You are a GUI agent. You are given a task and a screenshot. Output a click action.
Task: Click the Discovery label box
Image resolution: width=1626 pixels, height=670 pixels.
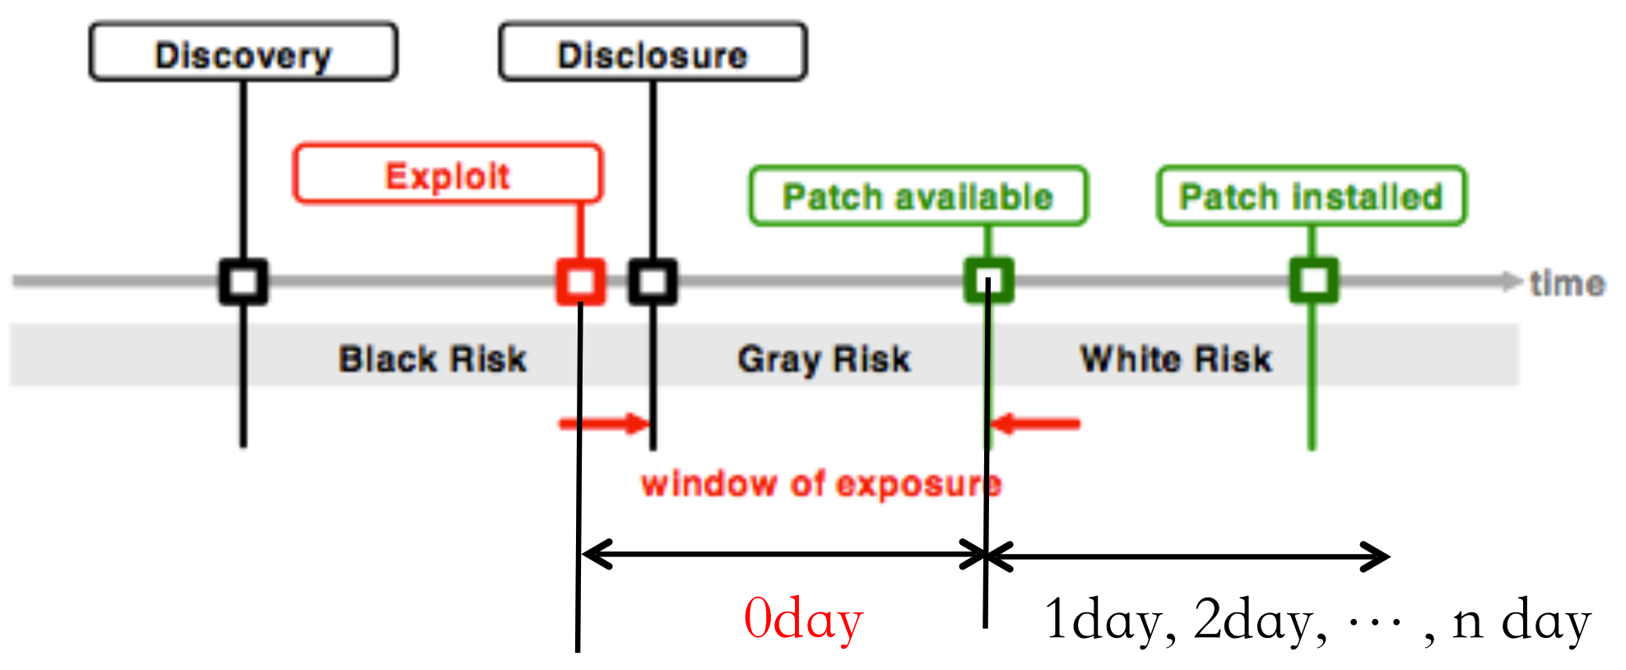(x=243, y=54)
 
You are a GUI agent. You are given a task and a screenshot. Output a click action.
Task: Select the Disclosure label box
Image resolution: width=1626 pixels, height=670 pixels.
(x=653, y=54)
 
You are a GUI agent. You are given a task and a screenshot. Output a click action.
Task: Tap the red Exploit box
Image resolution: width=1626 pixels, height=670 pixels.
(x=448, y=174)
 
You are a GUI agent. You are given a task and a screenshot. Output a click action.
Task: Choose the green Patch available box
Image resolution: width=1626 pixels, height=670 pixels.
(x=918, y=196)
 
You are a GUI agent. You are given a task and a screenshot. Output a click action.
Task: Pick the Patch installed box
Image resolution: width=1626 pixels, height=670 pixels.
(x=1311, y=196)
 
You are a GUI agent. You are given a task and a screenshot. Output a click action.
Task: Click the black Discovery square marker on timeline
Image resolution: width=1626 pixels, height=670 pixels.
(x=244, y=281)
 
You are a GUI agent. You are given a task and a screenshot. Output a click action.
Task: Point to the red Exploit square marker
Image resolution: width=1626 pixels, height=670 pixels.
(x=581, y=281)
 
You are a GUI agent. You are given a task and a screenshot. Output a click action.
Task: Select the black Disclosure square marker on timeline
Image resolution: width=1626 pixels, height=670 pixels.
(x=653, y=281)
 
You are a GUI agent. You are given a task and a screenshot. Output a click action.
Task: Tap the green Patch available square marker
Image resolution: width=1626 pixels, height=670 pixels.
(x=988, y=281)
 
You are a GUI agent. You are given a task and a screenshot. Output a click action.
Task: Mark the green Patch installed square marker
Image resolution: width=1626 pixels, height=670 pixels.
(x=1313, y=281)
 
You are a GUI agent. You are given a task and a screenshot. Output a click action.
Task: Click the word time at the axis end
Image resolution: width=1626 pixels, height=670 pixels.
(x=1567, y=283)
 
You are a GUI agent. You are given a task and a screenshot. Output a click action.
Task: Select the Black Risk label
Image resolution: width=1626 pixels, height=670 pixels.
(x=433, y=359)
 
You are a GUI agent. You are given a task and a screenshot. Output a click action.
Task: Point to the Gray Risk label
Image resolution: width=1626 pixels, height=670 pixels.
(x=825, y=359)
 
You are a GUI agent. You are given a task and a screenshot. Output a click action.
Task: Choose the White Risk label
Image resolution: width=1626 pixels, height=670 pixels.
(x=1176, y=359)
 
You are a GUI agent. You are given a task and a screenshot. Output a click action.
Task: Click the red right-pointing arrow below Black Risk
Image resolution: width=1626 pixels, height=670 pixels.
(x=605, y=424)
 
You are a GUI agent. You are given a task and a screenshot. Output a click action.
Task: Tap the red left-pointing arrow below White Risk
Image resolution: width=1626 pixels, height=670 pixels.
(x=1035, y=424)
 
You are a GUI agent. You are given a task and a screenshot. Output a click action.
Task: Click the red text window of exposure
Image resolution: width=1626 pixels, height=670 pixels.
(x=821, y=483)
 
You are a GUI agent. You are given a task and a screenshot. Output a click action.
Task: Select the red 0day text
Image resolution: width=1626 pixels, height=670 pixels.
(x=803, y=619)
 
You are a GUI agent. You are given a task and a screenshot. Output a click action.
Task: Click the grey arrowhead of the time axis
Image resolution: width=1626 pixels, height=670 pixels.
(x=1511, y=281)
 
